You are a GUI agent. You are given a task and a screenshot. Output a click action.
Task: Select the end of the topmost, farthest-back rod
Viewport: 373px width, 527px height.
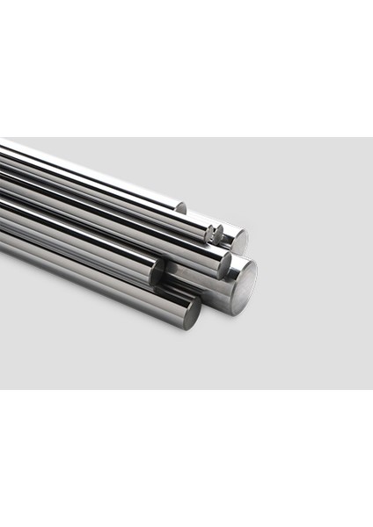180,208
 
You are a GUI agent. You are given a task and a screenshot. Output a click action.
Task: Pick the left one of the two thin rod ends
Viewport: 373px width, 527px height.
210,232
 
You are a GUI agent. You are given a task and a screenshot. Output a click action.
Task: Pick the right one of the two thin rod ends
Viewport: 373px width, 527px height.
219,235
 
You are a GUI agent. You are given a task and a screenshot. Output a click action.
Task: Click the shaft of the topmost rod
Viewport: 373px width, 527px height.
88,167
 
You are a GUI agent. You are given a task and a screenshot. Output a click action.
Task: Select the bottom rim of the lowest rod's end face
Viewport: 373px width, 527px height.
191,328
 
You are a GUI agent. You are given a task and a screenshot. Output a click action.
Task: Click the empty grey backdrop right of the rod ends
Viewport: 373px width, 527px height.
317,263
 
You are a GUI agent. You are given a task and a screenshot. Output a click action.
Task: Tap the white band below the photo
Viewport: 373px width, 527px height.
186,457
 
